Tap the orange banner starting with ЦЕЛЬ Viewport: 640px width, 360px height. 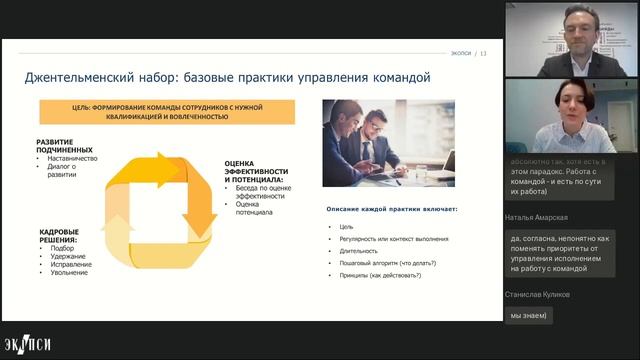click(x=167, y=111)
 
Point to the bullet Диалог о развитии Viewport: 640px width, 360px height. click(x=66, y=170)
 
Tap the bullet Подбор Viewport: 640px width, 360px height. click(x=60, y=247)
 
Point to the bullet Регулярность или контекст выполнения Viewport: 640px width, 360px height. click(x=394, y=239)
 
